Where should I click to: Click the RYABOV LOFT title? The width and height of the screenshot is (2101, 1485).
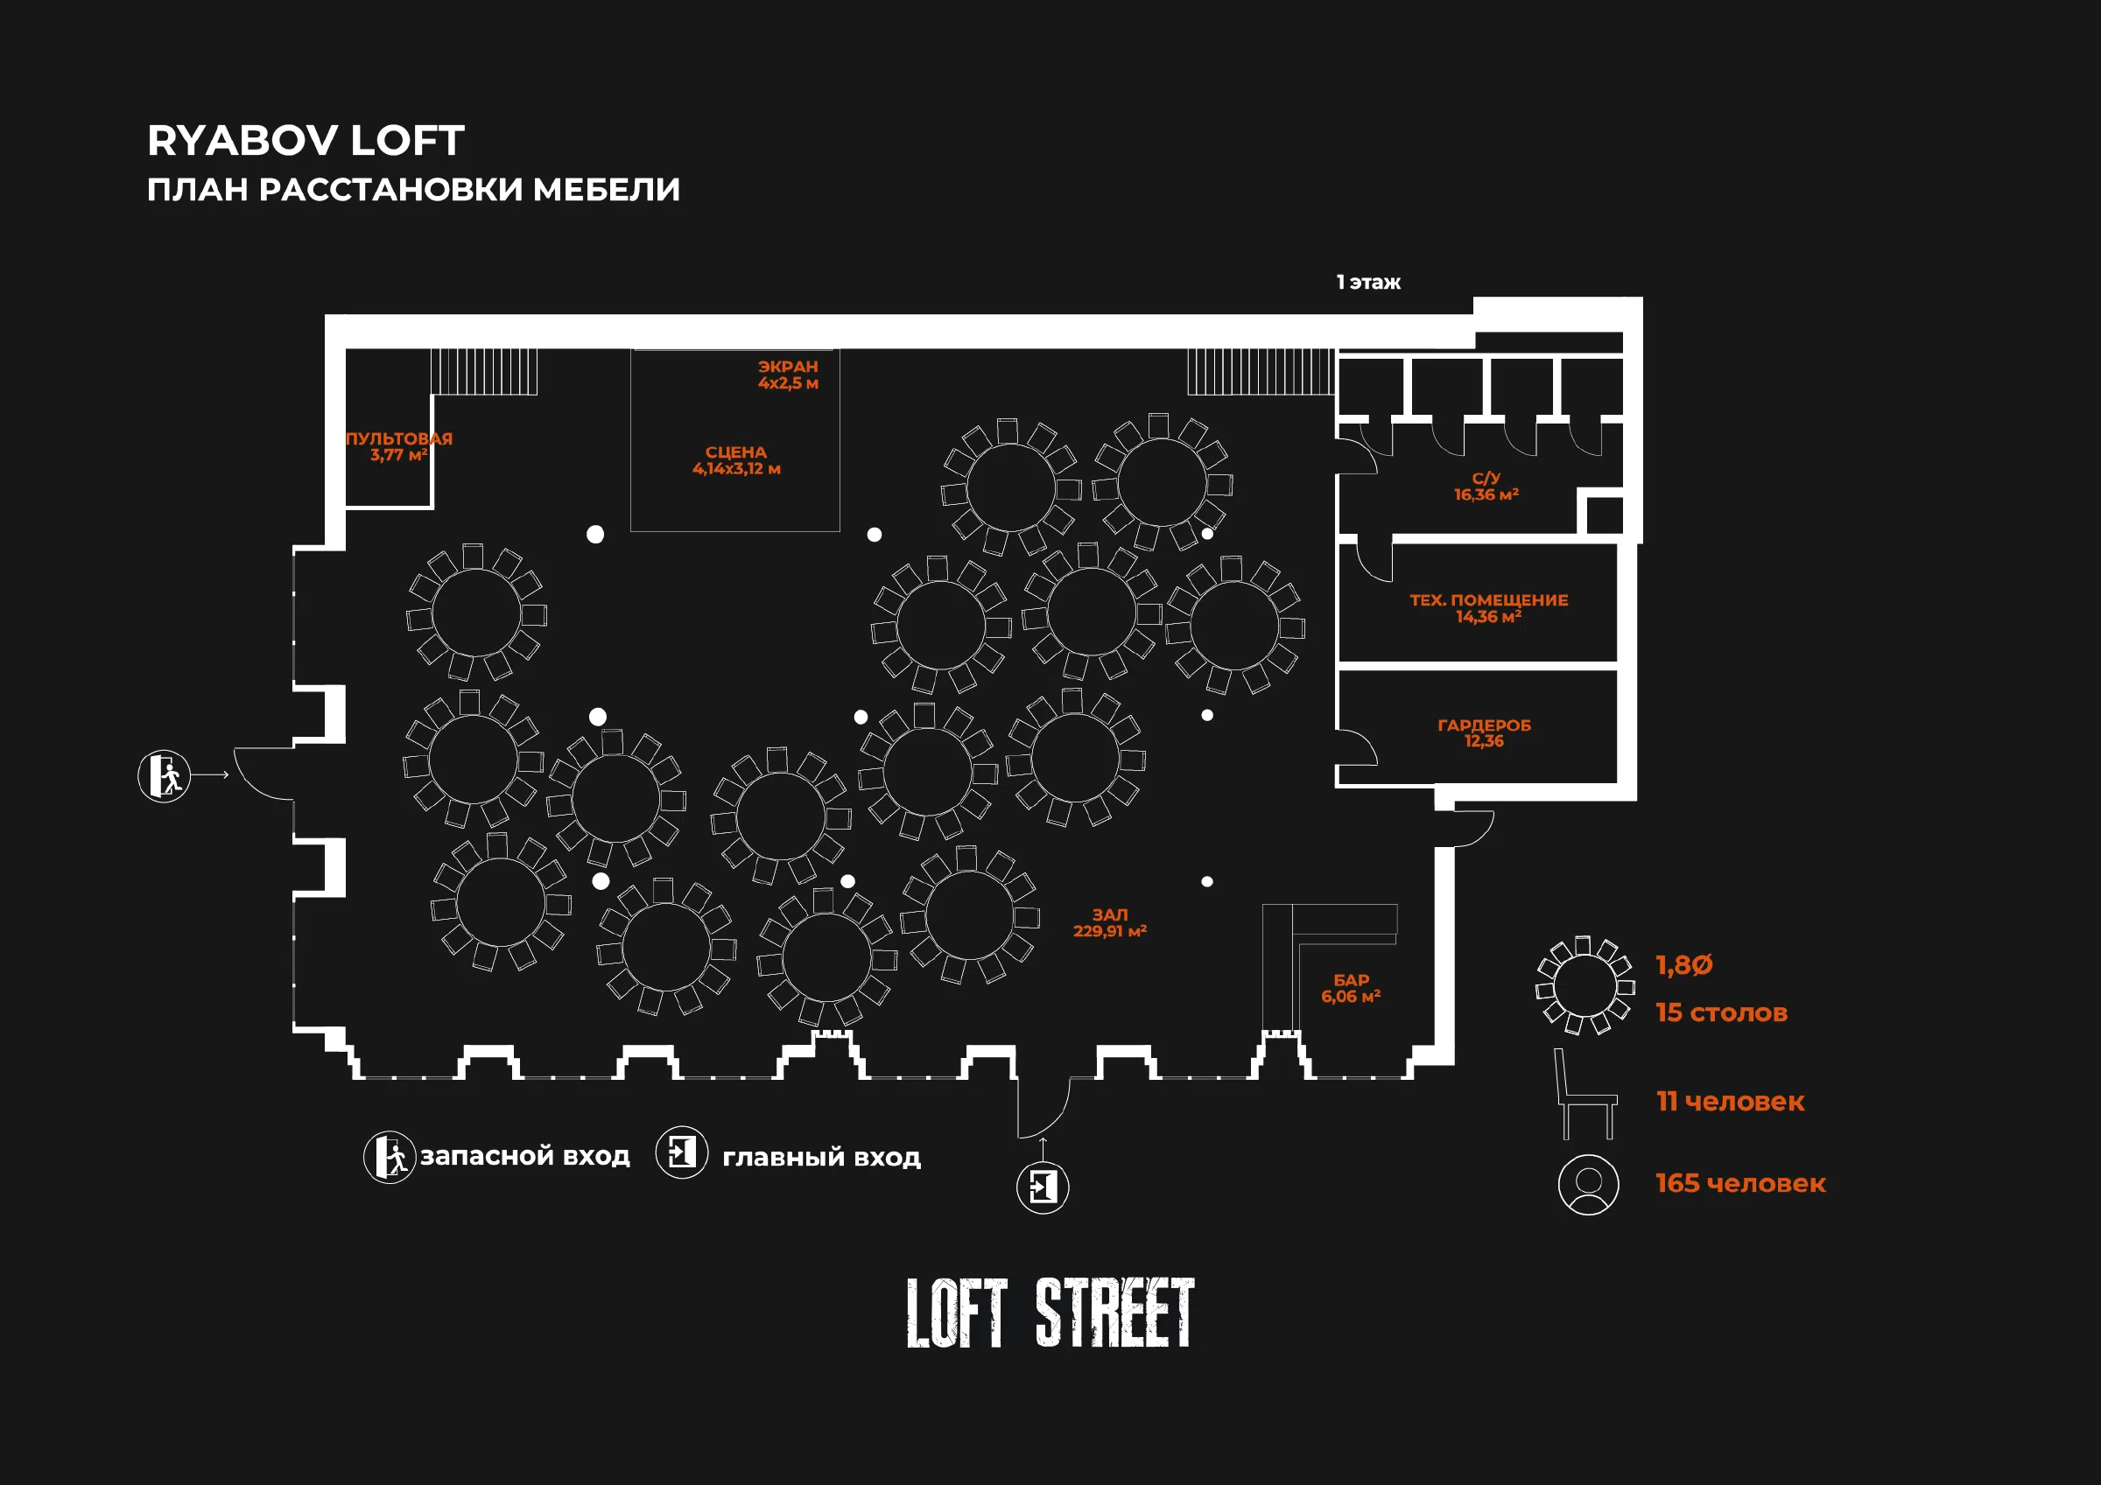(306, 141)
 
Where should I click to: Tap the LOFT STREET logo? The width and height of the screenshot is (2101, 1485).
(1050, 1313)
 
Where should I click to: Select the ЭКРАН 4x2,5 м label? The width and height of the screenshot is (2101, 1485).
(788, 375)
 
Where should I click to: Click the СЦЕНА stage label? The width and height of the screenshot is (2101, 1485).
(736, 460)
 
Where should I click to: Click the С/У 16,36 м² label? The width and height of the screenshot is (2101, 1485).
(1486, 486)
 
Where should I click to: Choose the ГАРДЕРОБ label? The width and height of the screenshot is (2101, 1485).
(1484, 733)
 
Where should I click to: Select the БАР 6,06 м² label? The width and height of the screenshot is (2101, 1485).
(1351, 988)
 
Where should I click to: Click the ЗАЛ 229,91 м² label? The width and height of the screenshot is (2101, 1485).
(1110, 922)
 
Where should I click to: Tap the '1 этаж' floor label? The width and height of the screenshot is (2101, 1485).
(1368, 283)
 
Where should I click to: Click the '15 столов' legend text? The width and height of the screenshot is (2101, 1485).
(1721, 1012)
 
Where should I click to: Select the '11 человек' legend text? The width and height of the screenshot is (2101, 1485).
(1731, 1102)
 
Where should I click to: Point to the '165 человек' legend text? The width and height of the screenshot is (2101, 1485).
(1740, 1184)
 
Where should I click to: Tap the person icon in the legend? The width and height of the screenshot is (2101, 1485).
(1589, 1185)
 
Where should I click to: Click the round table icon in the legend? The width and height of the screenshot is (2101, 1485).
(1585, 985)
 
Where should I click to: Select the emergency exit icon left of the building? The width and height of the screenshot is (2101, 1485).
(164, 776)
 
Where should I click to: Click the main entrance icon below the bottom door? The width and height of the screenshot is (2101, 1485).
(1043, 1187)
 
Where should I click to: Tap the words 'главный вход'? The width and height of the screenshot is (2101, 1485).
(822, 1159)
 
